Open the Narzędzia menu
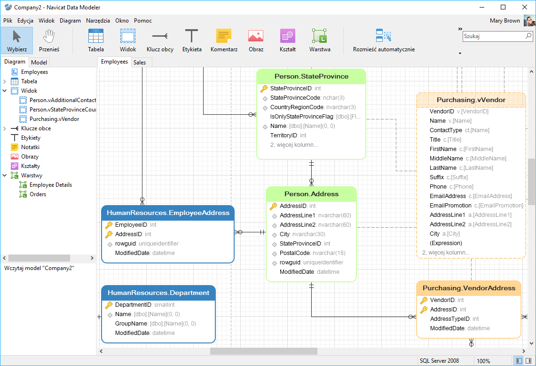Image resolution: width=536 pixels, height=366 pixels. click(98, 21)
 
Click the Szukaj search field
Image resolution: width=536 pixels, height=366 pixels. click(494, 36)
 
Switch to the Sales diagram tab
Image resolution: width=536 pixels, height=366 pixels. click(140, 62)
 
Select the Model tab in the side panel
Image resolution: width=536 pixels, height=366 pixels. click(39, 62)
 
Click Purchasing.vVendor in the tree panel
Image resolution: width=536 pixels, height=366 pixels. click(54, 119)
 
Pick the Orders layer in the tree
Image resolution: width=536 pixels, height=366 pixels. click(38, 194)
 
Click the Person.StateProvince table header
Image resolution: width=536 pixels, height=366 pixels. click(311, 76)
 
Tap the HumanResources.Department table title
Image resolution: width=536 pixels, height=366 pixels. click(158, 293)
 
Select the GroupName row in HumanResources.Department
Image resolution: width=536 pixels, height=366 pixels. click(131, 324)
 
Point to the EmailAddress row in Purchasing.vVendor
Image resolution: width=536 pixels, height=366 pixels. click(448, 196)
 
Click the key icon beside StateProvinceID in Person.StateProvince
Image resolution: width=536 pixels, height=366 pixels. click(264, 88)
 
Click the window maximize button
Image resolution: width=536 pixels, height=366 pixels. click(503, 7)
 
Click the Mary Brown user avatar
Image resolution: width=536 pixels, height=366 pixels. click(529, 21)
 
